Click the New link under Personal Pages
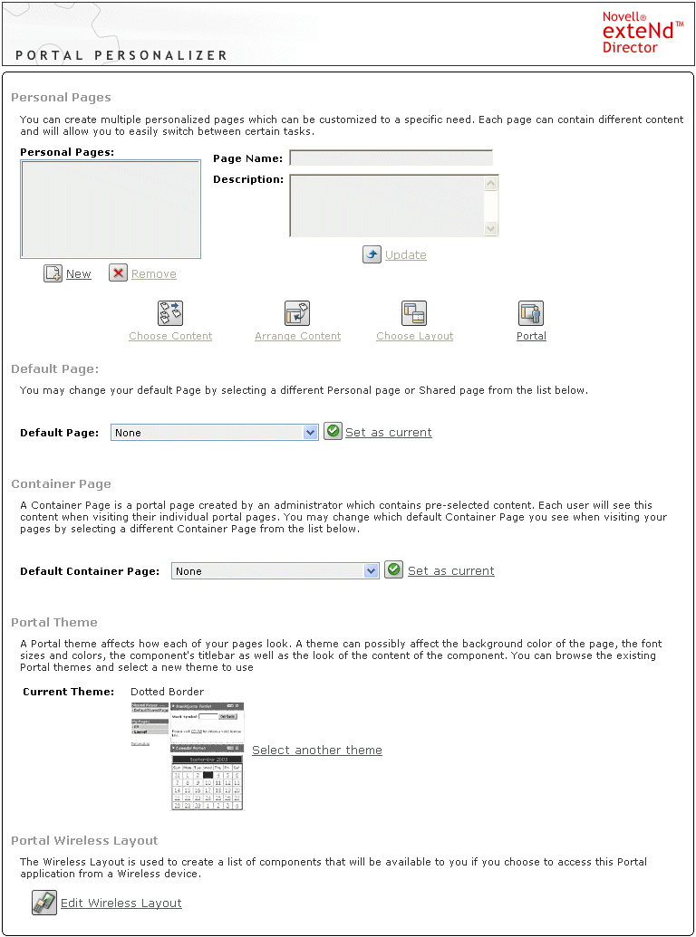[x=78, y=274]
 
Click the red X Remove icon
[x=119, y=273]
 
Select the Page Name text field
[x=391, y=158]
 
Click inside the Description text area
[x=387, y=206]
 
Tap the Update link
[x=405, y=255]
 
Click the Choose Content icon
[x=170, y=313]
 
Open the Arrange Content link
[x=297, y=337]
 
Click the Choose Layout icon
[x=414, y=313]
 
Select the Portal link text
[x=531, y=337]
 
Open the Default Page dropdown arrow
[x=311, y=433]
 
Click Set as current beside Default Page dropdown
[x=388, y=433]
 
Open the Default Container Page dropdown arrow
[x=372, y=571]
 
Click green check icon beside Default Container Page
[x=393, y=570]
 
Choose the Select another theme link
[x=316, y=751]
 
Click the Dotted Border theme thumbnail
[x=188, y=755]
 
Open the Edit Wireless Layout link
[x=121, y=904]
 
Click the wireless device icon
[x=44, y=903]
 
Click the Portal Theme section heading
[x=54, y=623]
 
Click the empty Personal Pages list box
[x=111, y=210]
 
